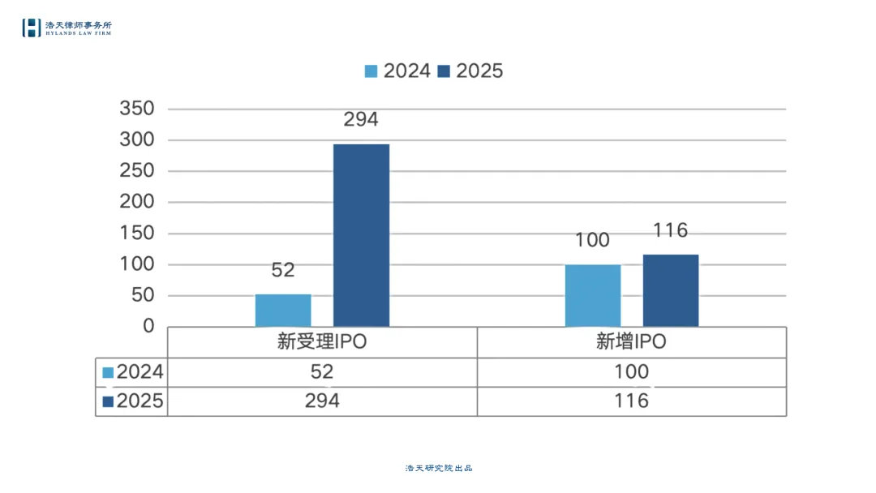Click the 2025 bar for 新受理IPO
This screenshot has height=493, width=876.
click(x=361, y=235)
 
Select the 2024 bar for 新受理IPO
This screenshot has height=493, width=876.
click(x=283, y=310)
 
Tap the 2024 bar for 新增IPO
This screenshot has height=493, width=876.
click(x=593, y=295)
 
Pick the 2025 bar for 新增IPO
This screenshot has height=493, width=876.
click(x=671, y=290)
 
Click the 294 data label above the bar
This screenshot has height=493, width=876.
click(x=361, y=120)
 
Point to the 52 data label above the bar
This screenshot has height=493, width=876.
click(x=283, y=270)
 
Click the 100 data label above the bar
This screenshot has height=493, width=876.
click(x=593, y=240)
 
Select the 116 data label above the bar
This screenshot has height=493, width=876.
click(x=671, y=230)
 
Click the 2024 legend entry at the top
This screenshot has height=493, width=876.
click(x=397, y=71)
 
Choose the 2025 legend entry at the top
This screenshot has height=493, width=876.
click(x=470, y=71)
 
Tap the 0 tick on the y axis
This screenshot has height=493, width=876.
click(x=148, y=326)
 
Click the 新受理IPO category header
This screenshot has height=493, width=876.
click(x=322, y=342)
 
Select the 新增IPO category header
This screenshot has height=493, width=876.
click(x=631, y=342)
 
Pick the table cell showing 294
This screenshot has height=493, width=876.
click(x=322, y=401)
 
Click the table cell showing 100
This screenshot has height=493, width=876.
click(x=631, y=372)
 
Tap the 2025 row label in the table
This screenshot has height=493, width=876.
click(x=132, y=401)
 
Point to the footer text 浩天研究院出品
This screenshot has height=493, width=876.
click(x=439, y=468)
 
